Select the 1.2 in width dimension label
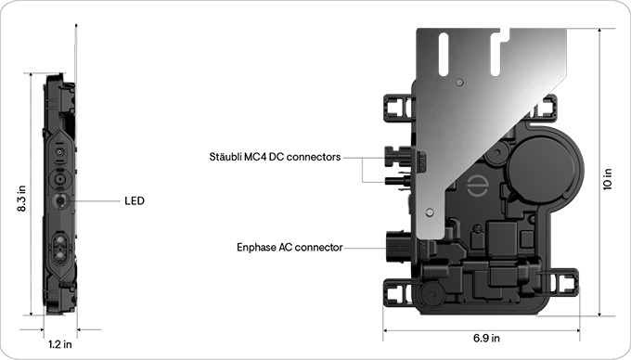[x=60, y=343]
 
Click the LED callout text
[x=135, y=200]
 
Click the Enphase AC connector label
[x=290, y=248]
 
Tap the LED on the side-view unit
[x=61, y=199]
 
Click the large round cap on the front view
[x=543, y=162]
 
